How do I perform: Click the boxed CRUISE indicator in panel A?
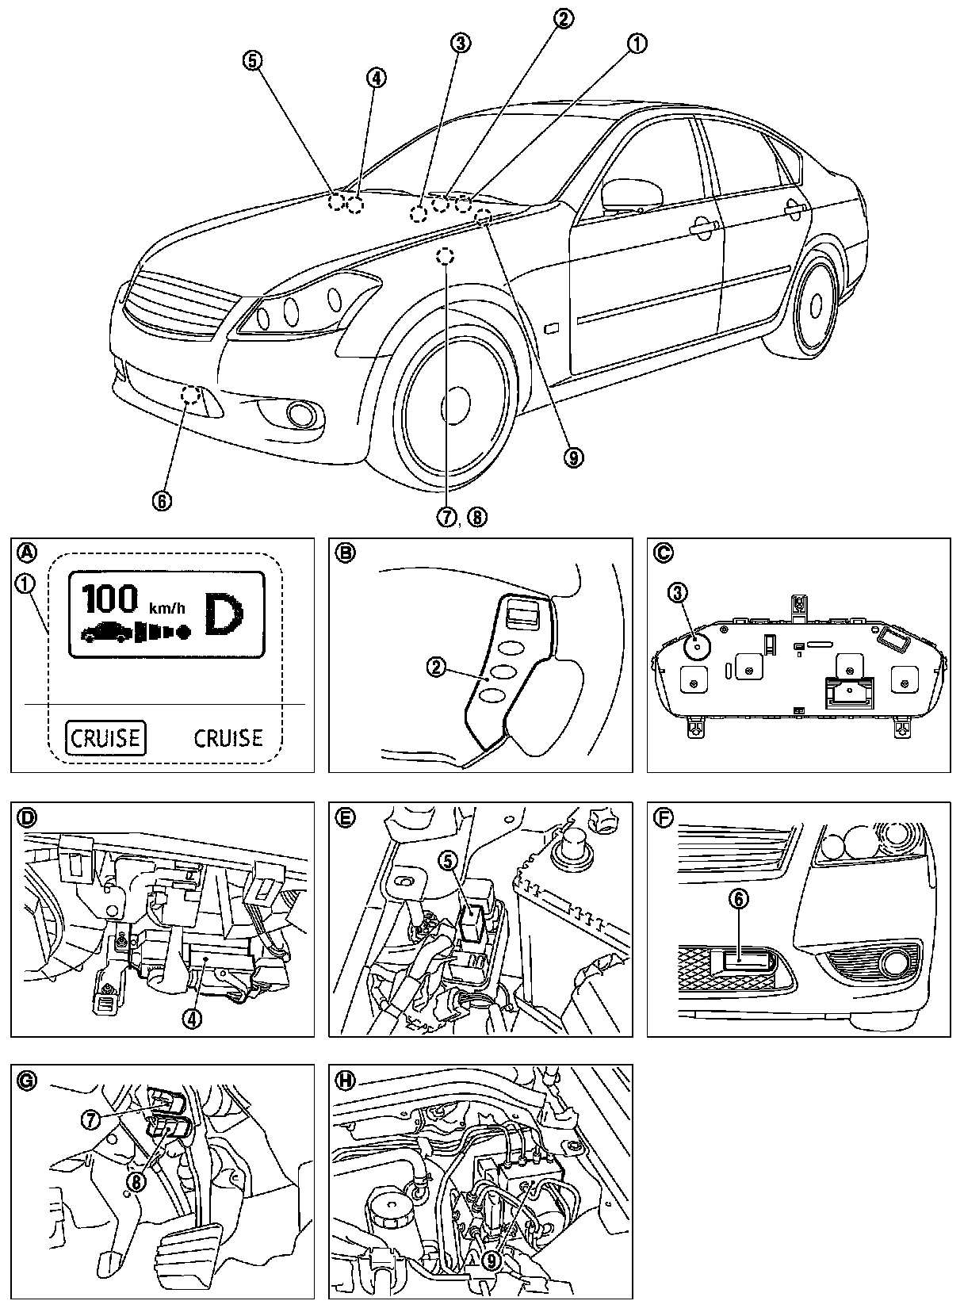tap(105, 738)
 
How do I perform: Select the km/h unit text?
tap(168, 608)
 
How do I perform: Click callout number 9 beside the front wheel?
tap(573, 456)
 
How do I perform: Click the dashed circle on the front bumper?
tap(190, 394)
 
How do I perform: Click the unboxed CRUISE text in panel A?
tap(228, 738)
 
